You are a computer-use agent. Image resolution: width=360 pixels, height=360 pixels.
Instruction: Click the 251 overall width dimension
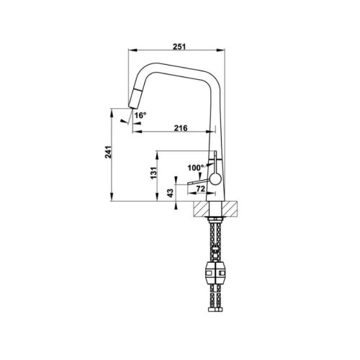click(x=180, y=47)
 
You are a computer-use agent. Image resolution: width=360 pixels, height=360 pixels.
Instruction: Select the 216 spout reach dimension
click(x=181, y=127)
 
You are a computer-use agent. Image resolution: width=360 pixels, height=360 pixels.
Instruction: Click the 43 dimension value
click(x=170, y=193)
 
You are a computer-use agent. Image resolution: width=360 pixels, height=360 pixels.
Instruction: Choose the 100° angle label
click(x=196, y=168)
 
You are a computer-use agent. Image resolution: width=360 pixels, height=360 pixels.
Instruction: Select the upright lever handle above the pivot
click(x=215, y=164)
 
